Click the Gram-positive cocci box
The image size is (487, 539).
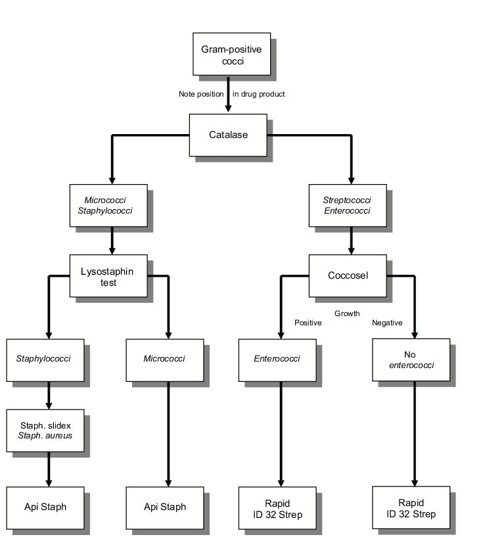coord(231,54)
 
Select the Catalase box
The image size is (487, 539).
coord(228,135)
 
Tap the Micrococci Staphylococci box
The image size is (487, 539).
coord(108,206)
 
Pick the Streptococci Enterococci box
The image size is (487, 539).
coord(348,206)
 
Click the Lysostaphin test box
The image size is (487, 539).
coord(108,275)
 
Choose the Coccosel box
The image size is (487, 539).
coord(348,275)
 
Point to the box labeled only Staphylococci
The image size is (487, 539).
coord(45,360)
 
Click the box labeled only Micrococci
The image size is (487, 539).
coord(165,360)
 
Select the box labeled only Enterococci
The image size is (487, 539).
coord(277,360)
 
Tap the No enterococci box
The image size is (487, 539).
coord(411,360)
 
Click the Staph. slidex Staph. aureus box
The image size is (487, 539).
coord(45,431)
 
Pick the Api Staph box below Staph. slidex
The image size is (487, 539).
coord(45,507)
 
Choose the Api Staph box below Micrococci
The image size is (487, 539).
coord(165,507)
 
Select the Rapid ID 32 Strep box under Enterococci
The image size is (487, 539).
coord(277,507)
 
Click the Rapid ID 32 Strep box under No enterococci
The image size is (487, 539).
coord(411,507)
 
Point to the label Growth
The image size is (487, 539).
coord(347,314)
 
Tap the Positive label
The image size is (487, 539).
coord(308,323)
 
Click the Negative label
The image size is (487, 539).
coord(387,323)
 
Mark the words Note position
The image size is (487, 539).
coord(201,94)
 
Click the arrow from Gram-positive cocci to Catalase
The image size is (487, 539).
coord(228,94)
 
